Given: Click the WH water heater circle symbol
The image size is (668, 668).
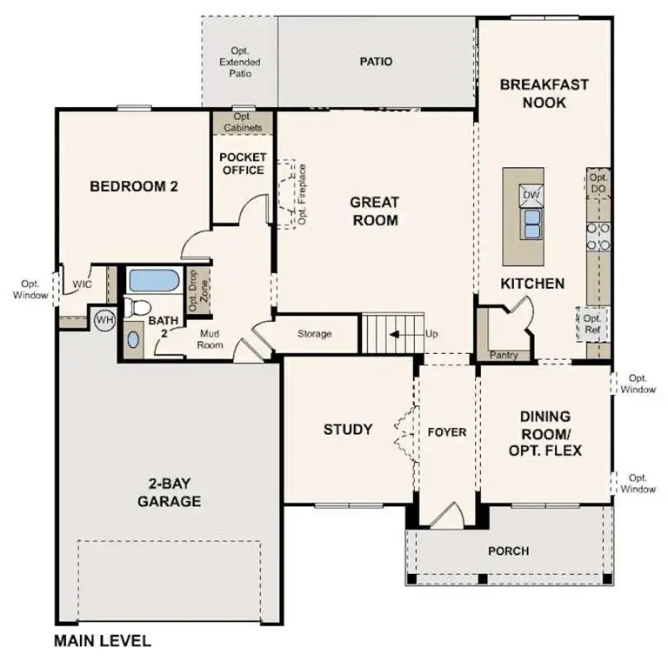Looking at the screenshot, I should [104, 320].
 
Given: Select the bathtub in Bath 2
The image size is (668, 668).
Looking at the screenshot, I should [153, 281].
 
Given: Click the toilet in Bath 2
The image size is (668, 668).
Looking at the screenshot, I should [136, 306].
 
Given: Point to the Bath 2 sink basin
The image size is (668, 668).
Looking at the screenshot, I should [132, 338].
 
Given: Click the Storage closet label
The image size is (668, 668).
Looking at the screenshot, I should [314, 334].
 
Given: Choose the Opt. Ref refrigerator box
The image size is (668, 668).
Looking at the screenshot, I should [593, 324].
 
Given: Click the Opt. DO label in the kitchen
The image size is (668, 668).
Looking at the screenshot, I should [598, 183].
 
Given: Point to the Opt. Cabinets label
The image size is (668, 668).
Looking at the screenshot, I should [243, 123].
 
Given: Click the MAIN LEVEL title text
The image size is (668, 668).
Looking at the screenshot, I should [103, 642].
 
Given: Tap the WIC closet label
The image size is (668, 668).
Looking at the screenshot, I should [83, 284].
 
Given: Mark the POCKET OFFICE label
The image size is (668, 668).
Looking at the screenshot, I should [243, 164].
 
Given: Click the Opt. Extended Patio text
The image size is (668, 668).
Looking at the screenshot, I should [240, 63].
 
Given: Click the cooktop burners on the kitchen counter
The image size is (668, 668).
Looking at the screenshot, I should [598, 236].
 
